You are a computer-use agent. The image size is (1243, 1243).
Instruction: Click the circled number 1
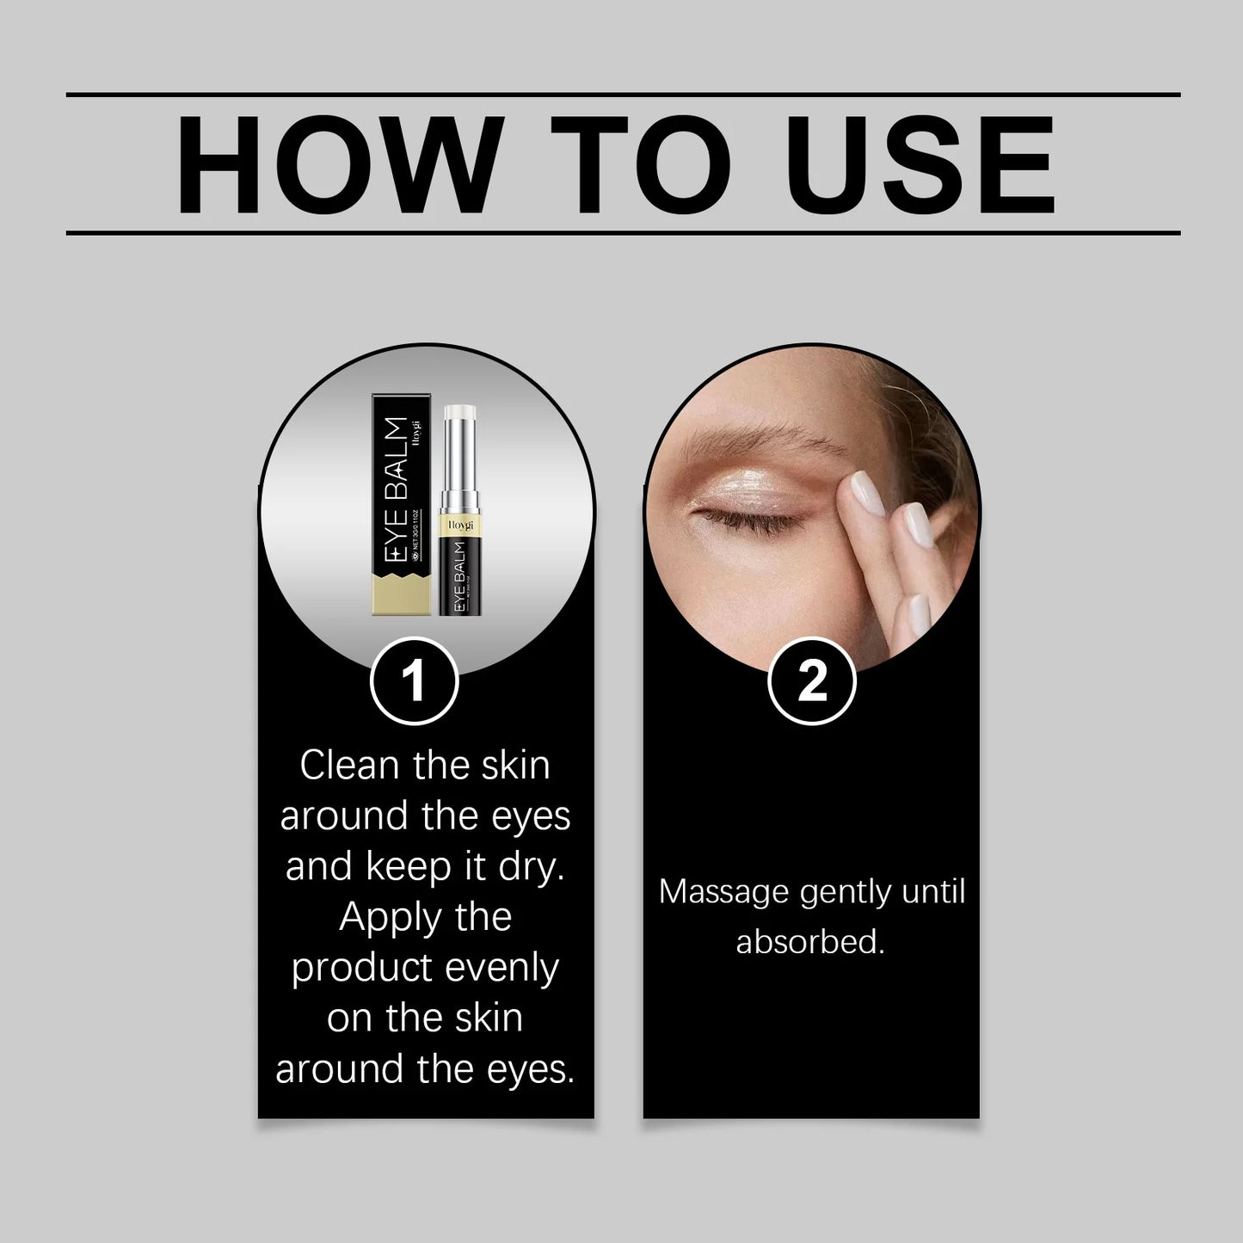[x=414, y=681]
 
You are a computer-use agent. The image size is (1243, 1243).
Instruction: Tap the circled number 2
[x=811, y=681]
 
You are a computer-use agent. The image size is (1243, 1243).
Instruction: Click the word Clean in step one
[x=350, y=766]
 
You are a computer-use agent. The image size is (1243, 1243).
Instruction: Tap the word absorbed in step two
[x=809, y=942]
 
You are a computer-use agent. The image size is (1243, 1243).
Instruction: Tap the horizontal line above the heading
[x=623, y=95]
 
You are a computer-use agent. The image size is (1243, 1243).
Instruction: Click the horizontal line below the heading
[x=623, y=232]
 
